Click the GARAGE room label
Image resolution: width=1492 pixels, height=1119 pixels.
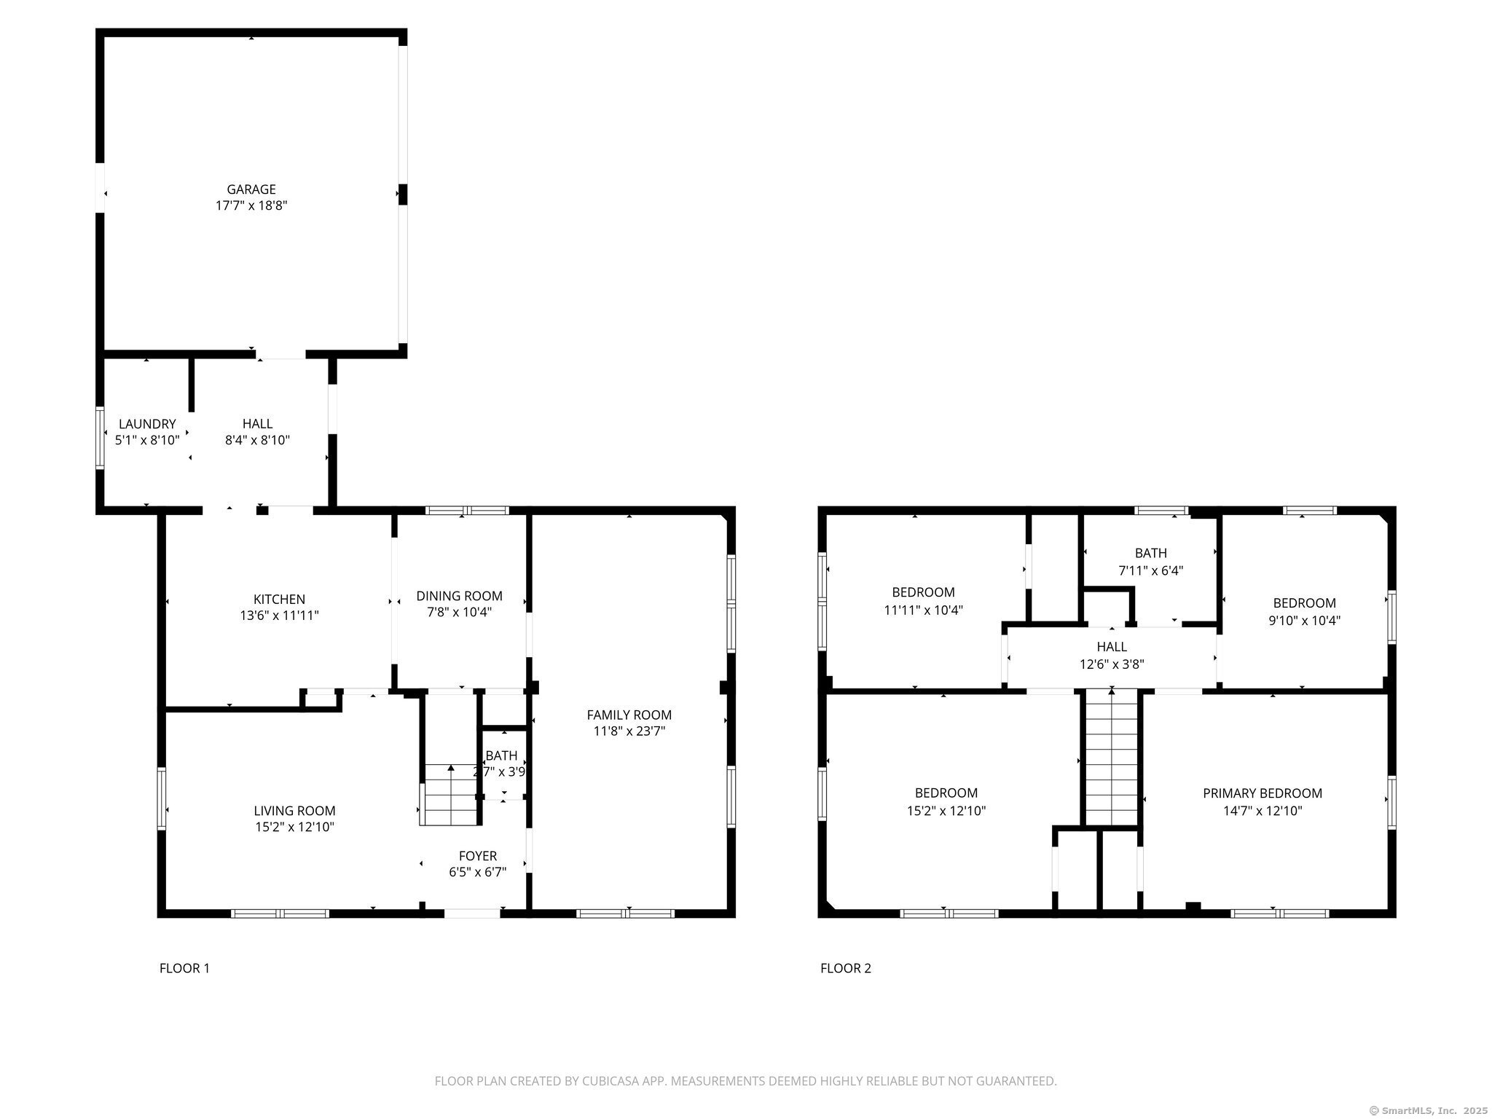tap(251, 189)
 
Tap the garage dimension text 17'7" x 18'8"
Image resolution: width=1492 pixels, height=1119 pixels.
tap(251, 205)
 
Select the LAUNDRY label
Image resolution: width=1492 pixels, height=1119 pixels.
tap(147, 424)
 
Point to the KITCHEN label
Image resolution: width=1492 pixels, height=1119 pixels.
tap(279, 600)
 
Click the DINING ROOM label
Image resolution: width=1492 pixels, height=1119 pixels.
tap(459, 596)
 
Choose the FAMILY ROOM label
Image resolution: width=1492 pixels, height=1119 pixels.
tap(629, 715)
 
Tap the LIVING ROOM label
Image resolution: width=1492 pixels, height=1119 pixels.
tap(294, 811)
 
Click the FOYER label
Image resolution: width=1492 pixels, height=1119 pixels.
tap(478, 856)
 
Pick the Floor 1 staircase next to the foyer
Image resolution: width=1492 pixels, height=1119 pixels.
tap(450, 794)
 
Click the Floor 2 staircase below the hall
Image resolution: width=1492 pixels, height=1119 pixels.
tap(1111, 758)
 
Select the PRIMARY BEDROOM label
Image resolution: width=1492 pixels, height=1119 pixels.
tap(1263, 793)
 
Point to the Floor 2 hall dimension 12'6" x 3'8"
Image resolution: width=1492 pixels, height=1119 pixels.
tap(1112, 664)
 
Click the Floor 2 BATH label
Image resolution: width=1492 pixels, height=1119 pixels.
tap(1151, 554)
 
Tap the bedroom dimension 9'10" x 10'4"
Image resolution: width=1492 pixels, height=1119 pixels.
tap(1304, 621)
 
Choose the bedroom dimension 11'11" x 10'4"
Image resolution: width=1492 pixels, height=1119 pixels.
tap(924, 610)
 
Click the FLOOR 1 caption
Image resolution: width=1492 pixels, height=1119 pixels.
tap(184, 968)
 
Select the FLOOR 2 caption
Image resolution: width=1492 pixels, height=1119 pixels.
tap(846, 968)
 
